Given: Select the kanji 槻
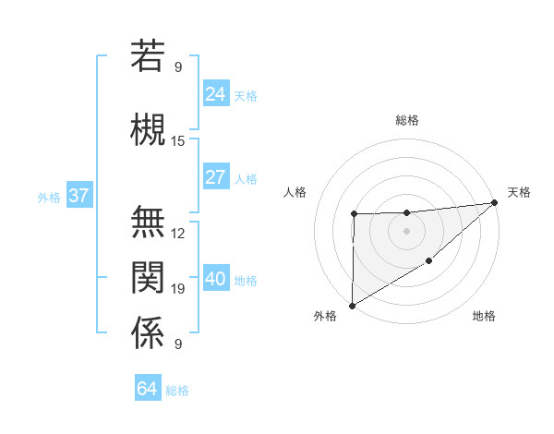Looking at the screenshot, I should (148, 128).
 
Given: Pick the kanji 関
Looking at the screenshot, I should (148, 276).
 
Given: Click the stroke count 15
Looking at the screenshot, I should (178, 141).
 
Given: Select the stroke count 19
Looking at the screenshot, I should (178, 289).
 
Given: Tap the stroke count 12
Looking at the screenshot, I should (178, 234).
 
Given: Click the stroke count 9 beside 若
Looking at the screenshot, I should (178, 66).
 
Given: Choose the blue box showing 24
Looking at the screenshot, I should (215, 93).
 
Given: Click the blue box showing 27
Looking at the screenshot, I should (215, 177).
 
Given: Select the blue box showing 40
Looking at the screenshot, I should (215, 279).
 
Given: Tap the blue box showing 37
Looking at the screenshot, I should (78, 196).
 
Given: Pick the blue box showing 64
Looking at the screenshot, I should (147, 389).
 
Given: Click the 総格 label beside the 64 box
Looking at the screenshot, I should (177, 391).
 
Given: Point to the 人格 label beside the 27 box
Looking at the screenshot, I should (246, 178).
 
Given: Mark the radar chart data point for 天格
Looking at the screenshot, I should (495, 202).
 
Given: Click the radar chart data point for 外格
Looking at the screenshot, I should (352, 305).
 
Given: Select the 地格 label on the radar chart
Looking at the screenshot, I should (484, 316).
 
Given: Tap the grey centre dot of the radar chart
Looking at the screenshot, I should (406, 231).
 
